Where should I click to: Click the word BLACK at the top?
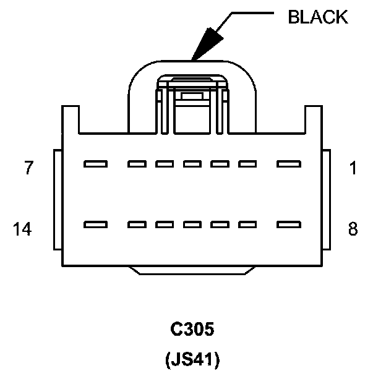click(x=318, y=17)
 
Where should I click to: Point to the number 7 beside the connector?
click(x=28, y=168)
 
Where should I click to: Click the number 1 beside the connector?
click(x=353, y=168)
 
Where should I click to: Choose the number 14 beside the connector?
click(x=22, y=229)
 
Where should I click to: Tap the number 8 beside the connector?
click(x=353, y=229)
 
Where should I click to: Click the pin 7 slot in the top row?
click(x=96, y=164)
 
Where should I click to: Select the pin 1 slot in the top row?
click(x=289, y=164)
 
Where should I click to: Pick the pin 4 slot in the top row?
click(x=192, y=164)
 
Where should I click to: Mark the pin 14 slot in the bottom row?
click(x=96, y=224)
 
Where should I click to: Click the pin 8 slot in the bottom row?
click(x=289, y=224)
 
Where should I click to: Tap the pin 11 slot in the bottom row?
click(x=192, y=224)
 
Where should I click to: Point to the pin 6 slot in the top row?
click(x=137, y=164)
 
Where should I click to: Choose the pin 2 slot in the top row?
click(x=247, y=164)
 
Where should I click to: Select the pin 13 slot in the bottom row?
click(x=137, y=224)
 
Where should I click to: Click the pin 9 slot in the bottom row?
click(x=247, y=224)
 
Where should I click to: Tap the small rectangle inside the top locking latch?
click(x=192, y=95)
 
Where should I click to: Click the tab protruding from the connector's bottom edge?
click(x=192, y=270)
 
